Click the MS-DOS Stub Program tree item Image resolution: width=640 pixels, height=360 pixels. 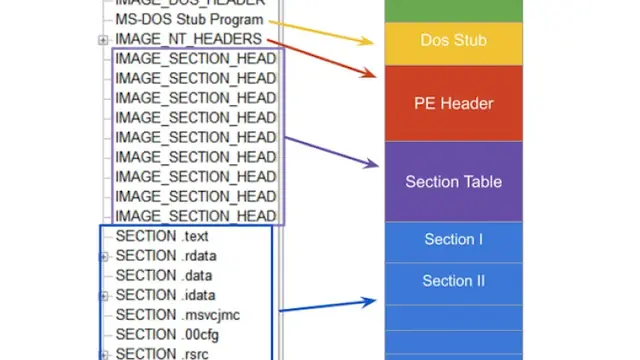pos(189,19)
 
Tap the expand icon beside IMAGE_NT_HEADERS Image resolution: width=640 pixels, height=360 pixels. pos(103,40)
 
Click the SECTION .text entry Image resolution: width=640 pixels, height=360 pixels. pos(161,237)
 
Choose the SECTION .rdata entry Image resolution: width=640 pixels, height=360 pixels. pos(165,256)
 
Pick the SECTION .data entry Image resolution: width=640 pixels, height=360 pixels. pos(163,275)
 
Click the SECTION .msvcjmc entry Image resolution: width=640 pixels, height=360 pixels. pos(177,315)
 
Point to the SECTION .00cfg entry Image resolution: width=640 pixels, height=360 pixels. pos(168,334)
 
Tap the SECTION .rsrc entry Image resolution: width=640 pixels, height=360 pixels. pos(162,353)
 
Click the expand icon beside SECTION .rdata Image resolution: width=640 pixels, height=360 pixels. pos(103,257)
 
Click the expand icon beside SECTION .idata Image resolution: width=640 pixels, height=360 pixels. pos(103,296)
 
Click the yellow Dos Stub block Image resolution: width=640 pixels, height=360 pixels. pos(454,42)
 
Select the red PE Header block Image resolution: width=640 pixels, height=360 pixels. pos(454,103)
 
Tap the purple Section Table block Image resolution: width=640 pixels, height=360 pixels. pos(454,182)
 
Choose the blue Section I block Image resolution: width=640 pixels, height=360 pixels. pos(454,240)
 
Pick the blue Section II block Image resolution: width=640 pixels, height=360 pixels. pos(454,281)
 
